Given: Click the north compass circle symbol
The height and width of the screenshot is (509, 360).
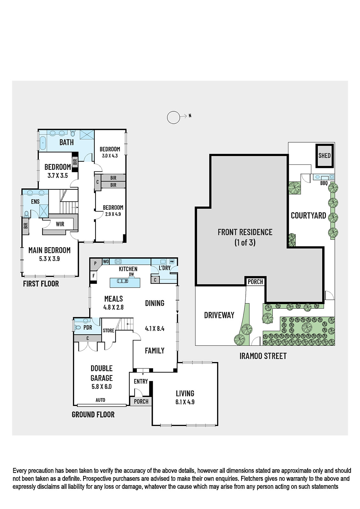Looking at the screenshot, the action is (x=173, y=117).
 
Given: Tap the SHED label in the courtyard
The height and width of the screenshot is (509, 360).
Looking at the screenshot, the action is (x=324, y=156).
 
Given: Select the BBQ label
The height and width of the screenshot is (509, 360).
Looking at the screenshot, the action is (x=324, y=183).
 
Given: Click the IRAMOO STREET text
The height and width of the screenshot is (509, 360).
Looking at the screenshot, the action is (x=263, y=356).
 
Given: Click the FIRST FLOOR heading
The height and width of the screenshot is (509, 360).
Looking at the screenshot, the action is (x=41, y=283).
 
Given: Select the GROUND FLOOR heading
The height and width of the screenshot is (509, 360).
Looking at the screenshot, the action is (x=93, y=415).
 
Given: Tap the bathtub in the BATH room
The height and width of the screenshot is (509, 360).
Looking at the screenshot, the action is (x=43, y=143).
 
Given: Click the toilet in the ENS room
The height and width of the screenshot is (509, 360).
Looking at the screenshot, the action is (x=27, y=214).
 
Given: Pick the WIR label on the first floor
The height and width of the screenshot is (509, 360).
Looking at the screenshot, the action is (x=60, y=224).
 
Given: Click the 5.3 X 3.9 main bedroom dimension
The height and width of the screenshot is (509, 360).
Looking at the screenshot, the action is (x=49, y=259).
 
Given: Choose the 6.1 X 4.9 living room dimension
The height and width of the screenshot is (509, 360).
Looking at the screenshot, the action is (x=185, y=402).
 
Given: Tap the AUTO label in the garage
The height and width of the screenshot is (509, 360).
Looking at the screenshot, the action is (x=100, y=400).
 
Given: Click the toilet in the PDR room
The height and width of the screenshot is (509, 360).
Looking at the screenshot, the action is (x=78, y=328).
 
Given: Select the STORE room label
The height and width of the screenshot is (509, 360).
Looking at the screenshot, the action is (x=109, y=331).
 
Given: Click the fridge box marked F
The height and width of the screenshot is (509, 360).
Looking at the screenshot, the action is (x=94, y=276).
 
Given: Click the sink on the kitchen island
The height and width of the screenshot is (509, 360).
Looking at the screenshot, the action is (x=122, y=281).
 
